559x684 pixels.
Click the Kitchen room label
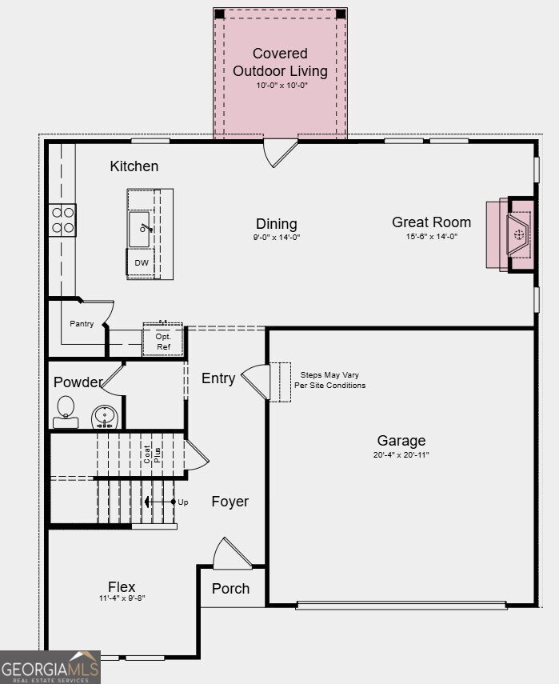134,166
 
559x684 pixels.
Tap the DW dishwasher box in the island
142,262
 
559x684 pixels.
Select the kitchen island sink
139,229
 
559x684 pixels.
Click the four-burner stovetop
62,220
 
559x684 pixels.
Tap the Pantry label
82,324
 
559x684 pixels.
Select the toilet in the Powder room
66,412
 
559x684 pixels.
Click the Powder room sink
105,418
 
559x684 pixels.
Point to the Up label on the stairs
183,502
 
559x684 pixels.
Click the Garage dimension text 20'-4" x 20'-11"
401,454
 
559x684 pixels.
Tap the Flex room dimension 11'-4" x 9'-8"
122,598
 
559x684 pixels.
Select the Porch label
230,589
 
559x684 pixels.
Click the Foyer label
230,502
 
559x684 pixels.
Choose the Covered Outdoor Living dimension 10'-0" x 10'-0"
281,85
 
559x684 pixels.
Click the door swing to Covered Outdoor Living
280,153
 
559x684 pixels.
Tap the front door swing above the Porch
233,553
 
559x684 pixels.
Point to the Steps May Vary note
329,380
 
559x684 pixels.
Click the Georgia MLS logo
50,667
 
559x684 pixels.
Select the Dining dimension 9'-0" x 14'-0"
277,238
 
